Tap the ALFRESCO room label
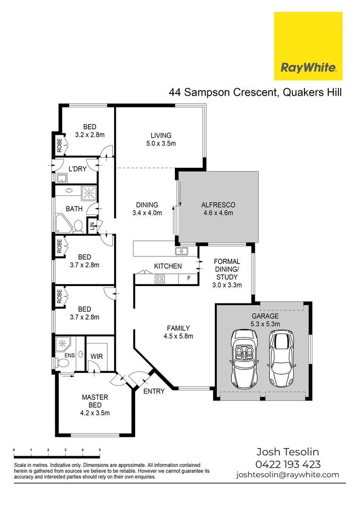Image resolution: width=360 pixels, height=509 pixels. (x=218, y=205)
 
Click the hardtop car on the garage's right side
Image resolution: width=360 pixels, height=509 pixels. (x=280, y=357)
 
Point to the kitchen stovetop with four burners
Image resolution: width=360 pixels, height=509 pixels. (x=160, y=279)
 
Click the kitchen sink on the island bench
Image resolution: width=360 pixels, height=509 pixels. (x=181, y=251)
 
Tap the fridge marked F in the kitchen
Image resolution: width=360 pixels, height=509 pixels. (x=188, y=278)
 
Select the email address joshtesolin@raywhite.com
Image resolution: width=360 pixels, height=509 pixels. (x=287, y=475)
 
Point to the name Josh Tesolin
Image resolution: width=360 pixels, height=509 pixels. (x=287, y=452)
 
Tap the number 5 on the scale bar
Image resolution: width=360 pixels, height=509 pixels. (x=99, y=451)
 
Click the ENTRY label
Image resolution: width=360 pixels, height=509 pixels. (x=154, y=391)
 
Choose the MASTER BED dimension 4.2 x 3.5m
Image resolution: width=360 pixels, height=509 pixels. (x=96, y=413)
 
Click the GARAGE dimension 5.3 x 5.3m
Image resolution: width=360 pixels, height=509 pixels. (x=265, y=324)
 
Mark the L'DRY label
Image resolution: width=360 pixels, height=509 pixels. (x=78, y=169)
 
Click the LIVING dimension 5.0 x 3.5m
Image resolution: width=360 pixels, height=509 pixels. (x=161, y=143)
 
